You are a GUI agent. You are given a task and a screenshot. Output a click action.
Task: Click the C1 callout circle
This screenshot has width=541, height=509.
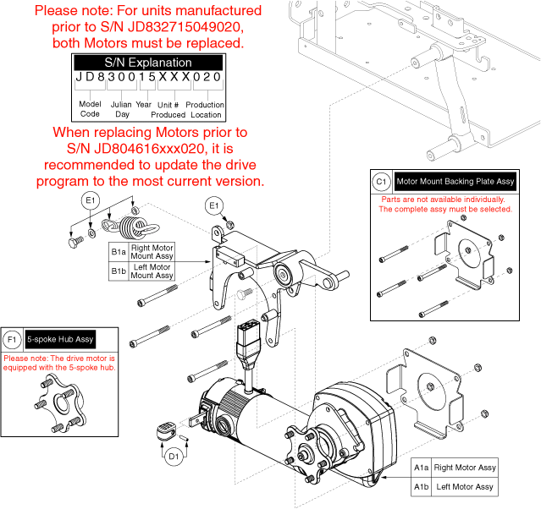[x=381, y=181]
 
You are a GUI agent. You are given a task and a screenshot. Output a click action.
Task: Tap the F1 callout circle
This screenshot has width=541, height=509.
[x=12, y=339]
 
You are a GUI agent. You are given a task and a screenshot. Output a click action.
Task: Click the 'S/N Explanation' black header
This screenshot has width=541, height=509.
[x=148, y=63]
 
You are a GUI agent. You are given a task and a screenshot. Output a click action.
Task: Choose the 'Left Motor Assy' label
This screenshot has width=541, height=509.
[x=463, y=487]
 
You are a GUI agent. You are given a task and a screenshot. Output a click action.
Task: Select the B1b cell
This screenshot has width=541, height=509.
[x=119, y=271]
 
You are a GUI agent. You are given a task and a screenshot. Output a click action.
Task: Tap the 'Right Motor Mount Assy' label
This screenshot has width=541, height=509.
[x=152, y=253]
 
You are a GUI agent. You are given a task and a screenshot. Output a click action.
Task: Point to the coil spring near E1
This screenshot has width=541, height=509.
[x=130, y=227]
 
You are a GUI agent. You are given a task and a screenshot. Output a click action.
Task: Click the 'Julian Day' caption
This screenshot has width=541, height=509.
[x=122, y=109]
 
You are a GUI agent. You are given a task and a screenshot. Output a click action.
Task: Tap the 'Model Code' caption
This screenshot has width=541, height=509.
[x=90, y=109]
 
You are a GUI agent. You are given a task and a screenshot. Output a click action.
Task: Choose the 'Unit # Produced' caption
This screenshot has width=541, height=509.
[x=168, y=109]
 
